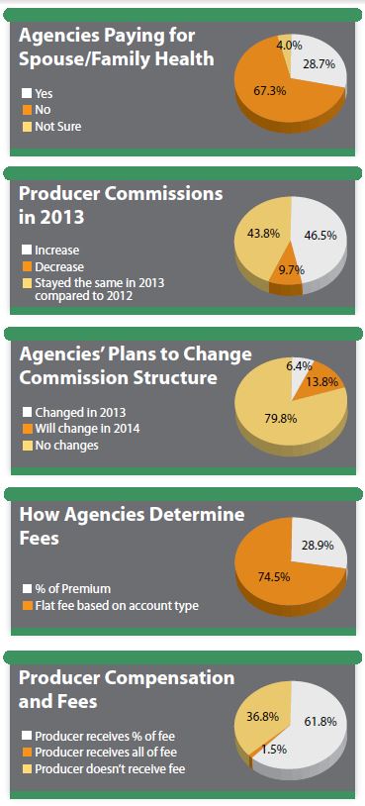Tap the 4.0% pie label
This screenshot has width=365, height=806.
click(x=289, y=45)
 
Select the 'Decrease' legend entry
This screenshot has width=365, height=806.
click(x=60, y=266)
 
